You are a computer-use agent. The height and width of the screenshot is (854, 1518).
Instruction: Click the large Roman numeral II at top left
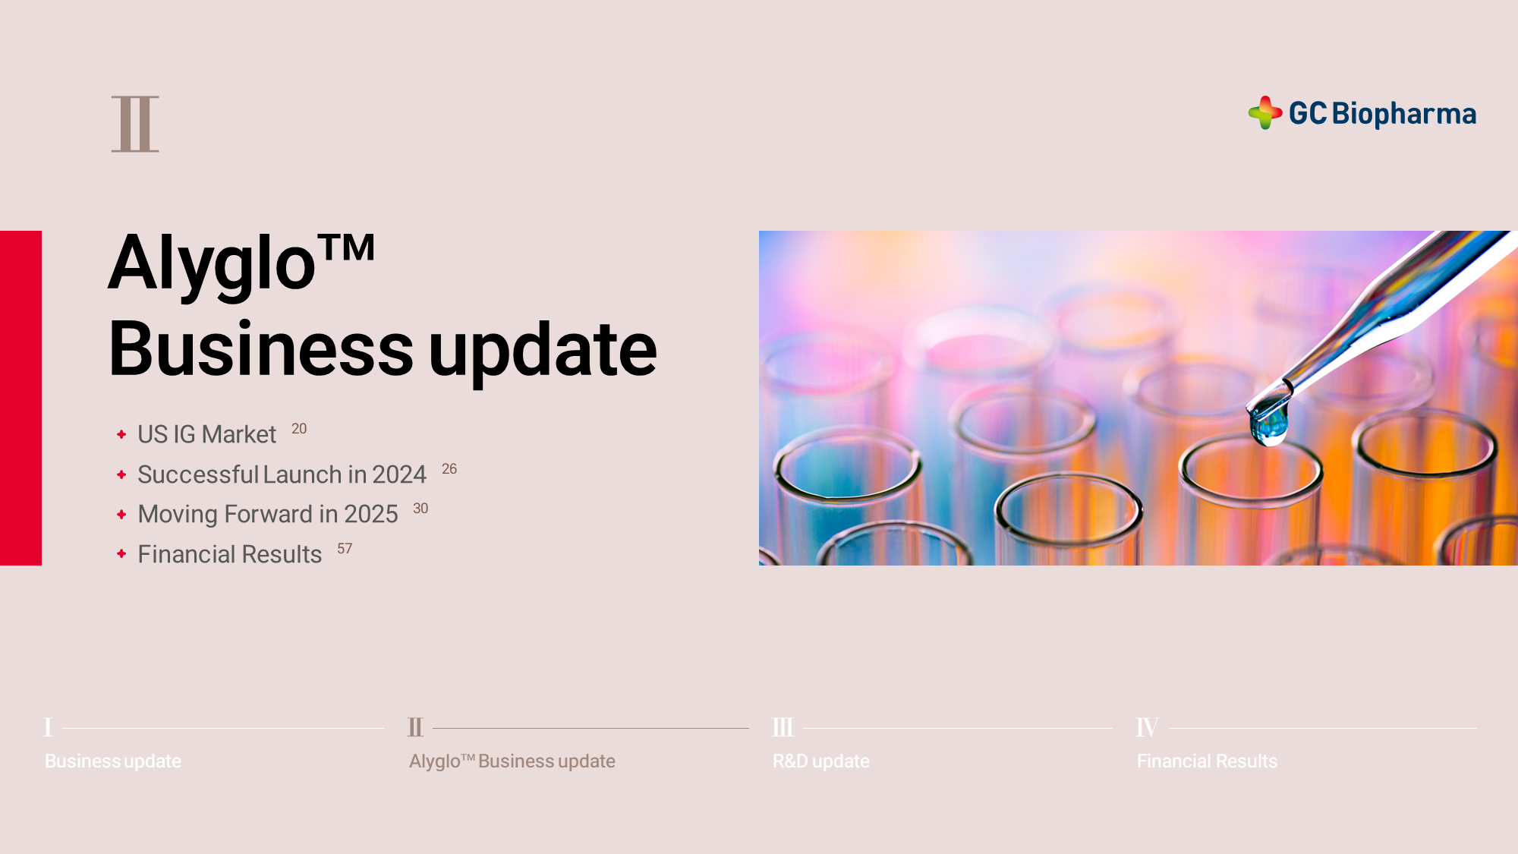(135, 124)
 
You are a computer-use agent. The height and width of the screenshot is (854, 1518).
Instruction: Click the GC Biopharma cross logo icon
(1265, 113)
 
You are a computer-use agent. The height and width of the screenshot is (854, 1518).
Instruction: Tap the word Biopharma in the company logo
(1404, 114)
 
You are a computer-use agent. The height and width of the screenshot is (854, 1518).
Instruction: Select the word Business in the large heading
(261, 349)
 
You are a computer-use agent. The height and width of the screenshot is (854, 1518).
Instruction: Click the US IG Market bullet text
(206, 434)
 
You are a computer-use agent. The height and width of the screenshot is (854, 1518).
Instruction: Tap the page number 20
(299, 429)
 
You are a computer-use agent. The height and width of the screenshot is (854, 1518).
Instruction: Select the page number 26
(449, 469)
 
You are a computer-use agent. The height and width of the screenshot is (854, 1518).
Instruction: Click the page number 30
(420, 509)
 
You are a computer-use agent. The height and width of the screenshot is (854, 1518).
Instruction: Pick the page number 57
(345, 549)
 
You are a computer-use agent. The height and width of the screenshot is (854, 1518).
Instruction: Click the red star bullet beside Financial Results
(121, 554)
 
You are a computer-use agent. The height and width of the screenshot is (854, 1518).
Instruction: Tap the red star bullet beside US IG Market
(121, 434)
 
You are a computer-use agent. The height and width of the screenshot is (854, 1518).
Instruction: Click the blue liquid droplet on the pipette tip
(1269, 422)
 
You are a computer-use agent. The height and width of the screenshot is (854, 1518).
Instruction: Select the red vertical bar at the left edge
(20, 398)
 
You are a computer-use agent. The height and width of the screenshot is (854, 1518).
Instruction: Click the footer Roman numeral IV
(1148, 727)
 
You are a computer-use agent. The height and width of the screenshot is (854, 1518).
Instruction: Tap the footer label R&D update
(821, 761)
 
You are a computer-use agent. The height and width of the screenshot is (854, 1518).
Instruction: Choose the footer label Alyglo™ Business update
(512, 761)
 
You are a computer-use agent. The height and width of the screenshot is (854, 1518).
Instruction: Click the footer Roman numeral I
(49, 727)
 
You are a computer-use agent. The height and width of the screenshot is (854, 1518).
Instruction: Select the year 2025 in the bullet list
(371, 514)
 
